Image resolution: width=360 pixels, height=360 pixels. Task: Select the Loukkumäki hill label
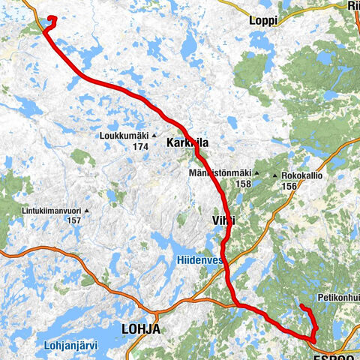click(x=123, y=136)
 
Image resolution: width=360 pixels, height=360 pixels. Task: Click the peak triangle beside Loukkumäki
click(x=154, y=136)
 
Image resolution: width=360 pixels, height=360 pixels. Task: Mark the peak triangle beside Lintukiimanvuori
click(x=86, y=210)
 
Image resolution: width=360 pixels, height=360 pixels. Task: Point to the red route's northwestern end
click(x=51, y=18)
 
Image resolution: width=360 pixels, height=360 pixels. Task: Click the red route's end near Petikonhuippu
click(x=301, y=306)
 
